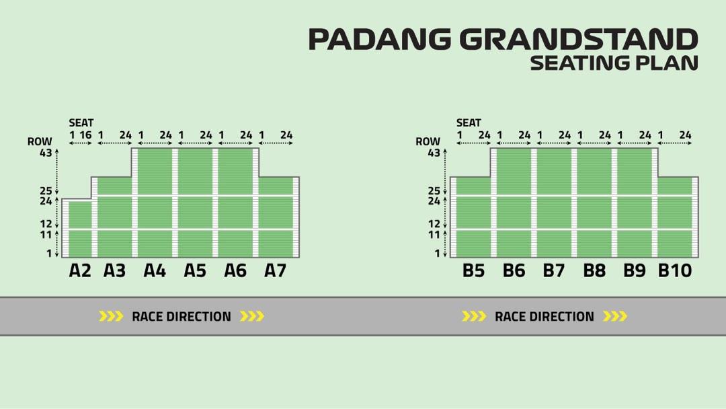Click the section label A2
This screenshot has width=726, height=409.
tap(80, 270)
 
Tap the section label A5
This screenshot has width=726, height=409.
tap(195, 270)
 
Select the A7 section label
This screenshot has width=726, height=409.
tap(275, 270)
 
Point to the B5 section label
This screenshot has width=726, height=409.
tap(473, 270)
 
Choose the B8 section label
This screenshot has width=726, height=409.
tap(594, 270)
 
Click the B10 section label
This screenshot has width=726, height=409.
tap(674, 270)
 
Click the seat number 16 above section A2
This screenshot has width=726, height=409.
tap(85, 135)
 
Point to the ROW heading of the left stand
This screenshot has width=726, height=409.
tap(40, 142)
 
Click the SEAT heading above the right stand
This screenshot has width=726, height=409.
tap(469, 122)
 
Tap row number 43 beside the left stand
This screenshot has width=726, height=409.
tap(46, 153)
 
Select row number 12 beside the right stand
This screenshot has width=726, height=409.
tap(434, 223)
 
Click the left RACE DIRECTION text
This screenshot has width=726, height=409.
tap(181, 316)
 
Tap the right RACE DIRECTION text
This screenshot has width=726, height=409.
tap(544, 316)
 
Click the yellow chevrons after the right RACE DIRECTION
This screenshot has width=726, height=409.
tap(614, 316)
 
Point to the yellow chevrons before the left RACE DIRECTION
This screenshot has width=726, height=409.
tap(111, 316)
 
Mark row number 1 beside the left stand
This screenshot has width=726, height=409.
tap(49, 254)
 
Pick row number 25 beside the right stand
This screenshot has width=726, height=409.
tap(434, 191)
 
